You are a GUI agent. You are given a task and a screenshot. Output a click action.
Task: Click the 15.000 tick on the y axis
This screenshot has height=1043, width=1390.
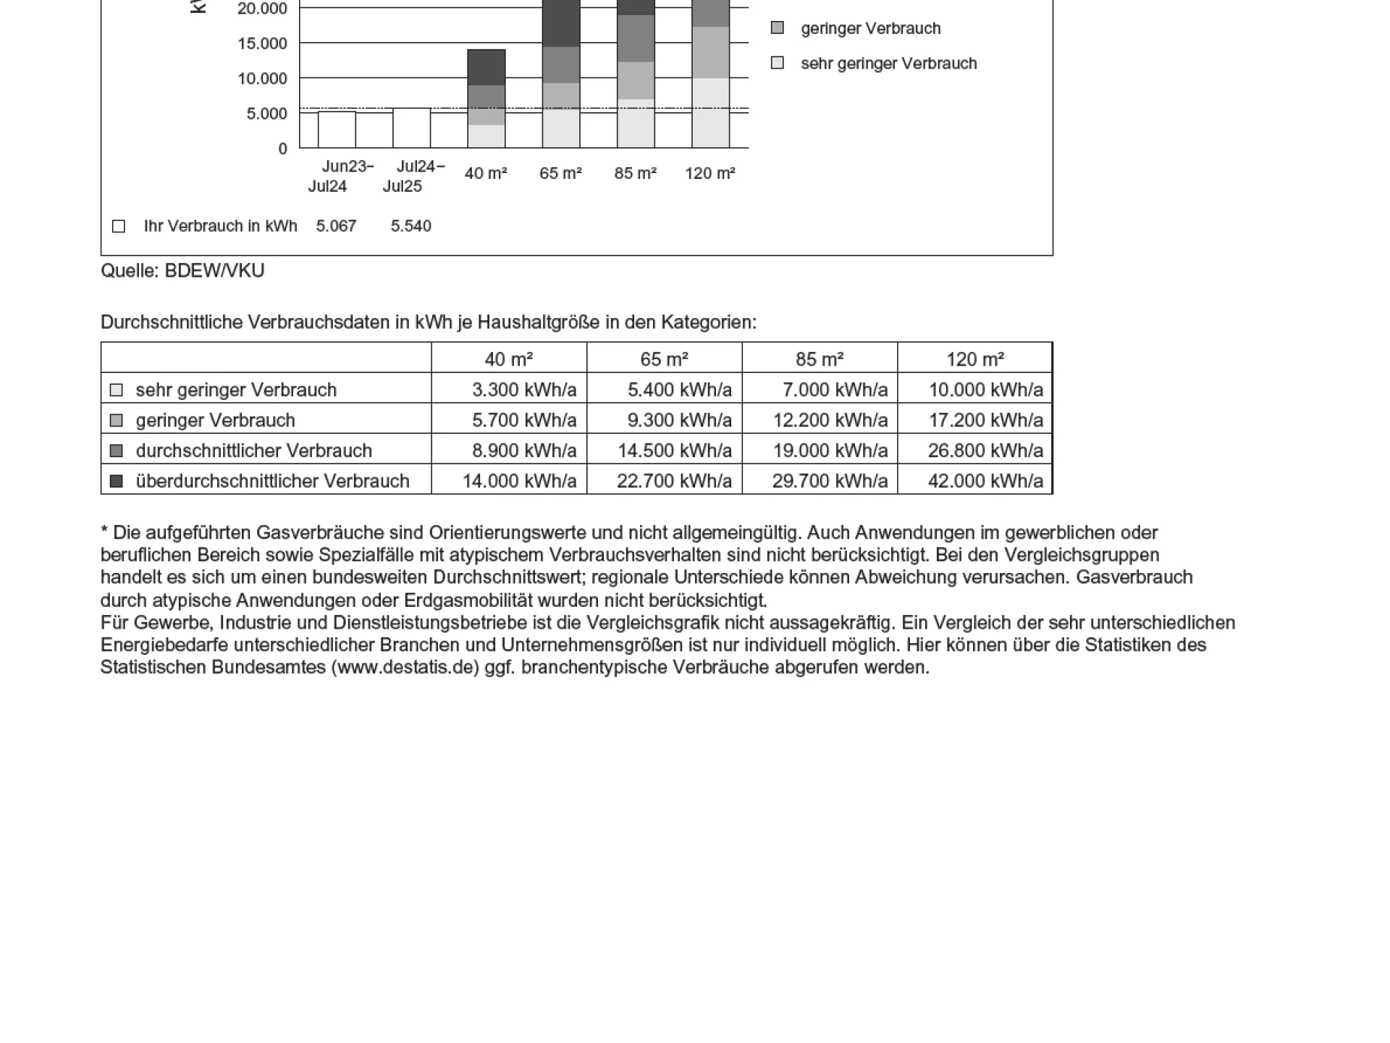(262, 43)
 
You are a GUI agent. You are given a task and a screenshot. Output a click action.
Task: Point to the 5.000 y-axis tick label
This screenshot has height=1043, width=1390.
(266, 114)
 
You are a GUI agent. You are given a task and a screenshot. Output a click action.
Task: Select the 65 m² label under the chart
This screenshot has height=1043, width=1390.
(560, 174)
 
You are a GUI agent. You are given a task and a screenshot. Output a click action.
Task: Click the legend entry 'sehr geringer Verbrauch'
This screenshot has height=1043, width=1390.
(888, 64)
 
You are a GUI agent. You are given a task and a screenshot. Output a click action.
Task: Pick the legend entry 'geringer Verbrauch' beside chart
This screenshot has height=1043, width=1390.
(870, 29)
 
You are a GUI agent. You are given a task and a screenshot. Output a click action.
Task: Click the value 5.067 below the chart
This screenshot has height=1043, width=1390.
(336, 226)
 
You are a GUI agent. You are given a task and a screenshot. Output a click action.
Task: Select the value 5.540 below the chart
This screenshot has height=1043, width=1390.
(410, 226)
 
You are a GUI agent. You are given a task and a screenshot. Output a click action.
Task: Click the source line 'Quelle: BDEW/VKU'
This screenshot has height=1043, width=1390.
(182, 271)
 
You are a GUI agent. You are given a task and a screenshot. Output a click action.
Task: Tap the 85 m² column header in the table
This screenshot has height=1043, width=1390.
(820, 359)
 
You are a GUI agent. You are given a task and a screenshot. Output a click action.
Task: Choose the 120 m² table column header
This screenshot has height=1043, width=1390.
(974, 359)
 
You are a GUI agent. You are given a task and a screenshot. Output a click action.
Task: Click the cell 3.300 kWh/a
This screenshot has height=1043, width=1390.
(524, 390)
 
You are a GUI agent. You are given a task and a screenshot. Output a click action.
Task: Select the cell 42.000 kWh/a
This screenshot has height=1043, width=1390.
(985, 481)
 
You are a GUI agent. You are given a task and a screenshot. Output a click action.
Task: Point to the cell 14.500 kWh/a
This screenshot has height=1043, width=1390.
(674, 451)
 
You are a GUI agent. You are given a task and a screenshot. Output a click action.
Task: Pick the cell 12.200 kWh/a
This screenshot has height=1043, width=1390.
(830, 420)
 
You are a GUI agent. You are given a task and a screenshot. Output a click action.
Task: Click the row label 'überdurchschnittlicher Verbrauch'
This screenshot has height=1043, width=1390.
(272, 481)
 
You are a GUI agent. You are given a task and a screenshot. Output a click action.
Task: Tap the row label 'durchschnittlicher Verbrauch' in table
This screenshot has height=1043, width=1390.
(253, 451)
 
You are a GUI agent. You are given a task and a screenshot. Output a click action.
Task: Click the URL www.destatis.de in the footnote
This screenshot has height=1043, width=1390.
(405, 668)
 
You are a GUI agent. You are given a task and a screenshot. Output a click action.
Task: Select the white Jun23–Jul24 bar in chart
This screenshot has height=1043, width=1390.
(337, 130)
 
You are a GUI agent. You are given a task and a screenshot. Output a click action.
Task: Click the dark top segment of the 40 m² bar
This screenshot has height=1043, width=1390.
(486, 67)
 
